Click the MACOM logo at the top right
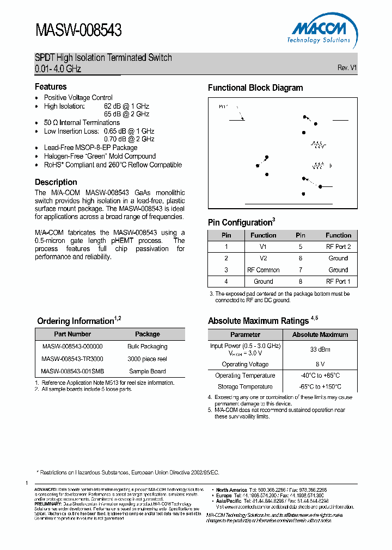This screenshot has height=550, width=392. pos(318,32)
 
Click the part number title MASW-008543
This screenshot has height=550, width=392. pos(78,30)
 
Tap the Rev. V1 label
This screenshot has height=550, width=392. pos(347,68)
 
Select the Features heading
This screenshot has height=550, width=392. pos(51,87)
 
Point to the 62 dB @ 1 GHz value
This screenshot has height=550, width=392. pos(126,107)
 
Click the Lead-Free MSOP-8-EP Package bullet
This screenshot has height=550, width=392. pos(90,148)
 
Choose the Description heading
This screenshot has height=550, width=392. pos(56,182)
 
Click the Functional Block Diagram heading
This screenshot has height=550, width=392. pos(255,88)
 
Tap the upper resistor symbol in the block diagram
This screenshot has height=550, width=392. pos(318,145)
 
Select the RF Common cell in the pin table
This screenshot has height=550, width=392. pos(263,270)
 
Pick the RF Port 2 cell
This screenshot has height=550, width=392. pos(338,247)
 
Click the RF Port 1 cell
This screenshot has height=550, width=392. pos(338,282)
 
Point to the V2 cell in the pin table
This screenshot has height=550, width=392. pos(263,259)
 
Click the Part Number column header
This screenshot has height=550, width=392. pos(72,334)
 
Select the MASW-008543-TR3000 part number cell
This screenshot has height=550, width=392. pos(72,359)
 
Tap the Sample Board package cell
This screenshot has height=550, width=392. pos(147,372)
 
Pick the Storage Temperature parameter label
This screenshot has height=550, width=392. pos(245,387)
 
